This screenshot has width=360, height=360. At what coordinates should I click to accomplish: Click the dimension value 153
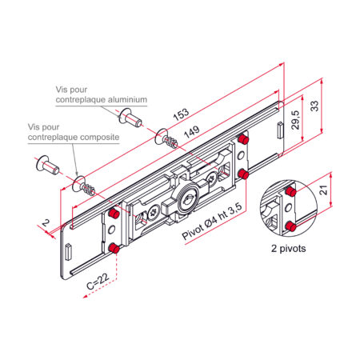coord(181,114)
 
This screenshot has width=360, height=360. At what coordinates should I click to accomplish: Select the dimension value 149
coord(192,132)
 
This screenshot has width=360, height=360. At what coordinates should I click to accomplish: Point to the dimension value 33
coord(315,106)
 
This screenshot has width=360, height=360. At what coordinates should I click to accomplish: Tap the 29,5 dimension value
coord(296,120)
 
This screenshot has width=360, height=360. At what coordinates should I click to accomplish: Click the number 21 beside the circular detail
coord(323,190)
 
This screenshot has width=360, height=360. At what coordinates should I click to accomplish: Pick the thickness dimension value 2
coord(46,222)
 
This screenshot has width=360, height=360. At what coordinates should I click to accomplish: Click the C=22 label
coord(98,281)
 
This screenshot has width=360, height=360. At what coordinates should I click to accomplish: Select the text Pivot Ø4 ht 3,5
coord(212,221)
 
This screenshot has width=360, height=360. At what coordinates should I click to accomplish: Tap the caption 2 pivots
coord(289,249)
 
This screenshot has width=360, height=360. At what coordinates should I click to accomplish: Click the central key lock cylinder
coord(188,198)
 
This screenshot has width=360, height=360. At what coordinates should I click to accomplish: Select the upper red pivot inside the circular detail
coord(290,191)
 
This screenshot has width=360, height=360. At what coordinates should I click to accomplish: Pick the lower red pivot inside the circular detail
coord(290,227)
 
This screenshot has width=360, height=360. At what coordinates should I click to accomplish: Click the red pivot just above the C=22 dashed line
coord(114,249)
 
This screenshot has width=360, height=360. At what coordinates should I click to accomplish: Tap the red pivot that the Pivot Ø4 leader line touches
coord(243,174)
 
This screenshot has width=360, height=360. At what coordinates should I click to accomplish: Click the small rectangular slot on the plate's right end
coord(280,130)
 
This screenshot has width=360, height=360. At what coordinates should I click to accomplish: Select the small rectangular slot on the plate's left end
coord(68,252)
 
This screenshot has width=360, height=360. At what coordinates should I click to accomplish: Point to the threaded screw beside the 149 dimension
coord(166,138)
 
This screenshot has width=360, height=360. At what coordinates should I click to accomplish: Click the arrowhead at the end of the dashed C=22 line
coord(86,296)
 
